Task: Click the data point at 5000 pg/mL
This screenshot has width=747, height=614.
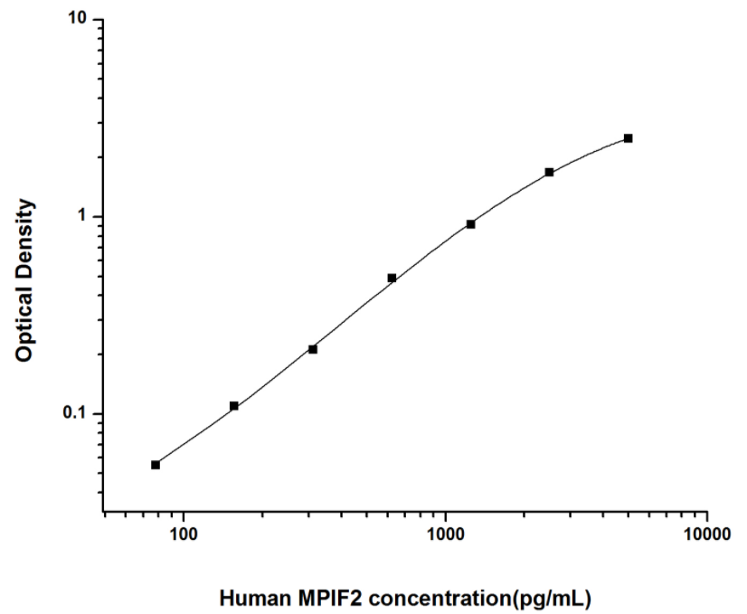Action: (x=628, y=138)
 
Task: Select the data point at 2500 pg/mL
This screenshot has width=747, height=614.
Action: (x=549, y=172)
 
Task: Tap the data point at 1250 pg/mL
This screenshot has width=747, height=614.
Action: (x=470, y=223)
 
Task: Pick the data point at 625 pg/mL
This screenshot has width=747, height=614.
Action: (x=392, y=278)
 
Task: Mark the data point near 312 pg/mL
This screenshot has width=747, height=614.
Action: (x=313, y=349)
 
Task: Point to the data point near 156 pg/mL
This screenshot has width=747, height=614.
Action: (x=234, y=406)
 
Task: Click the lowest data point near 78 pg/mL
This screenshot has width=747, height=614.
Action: (x=156, y=465)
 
